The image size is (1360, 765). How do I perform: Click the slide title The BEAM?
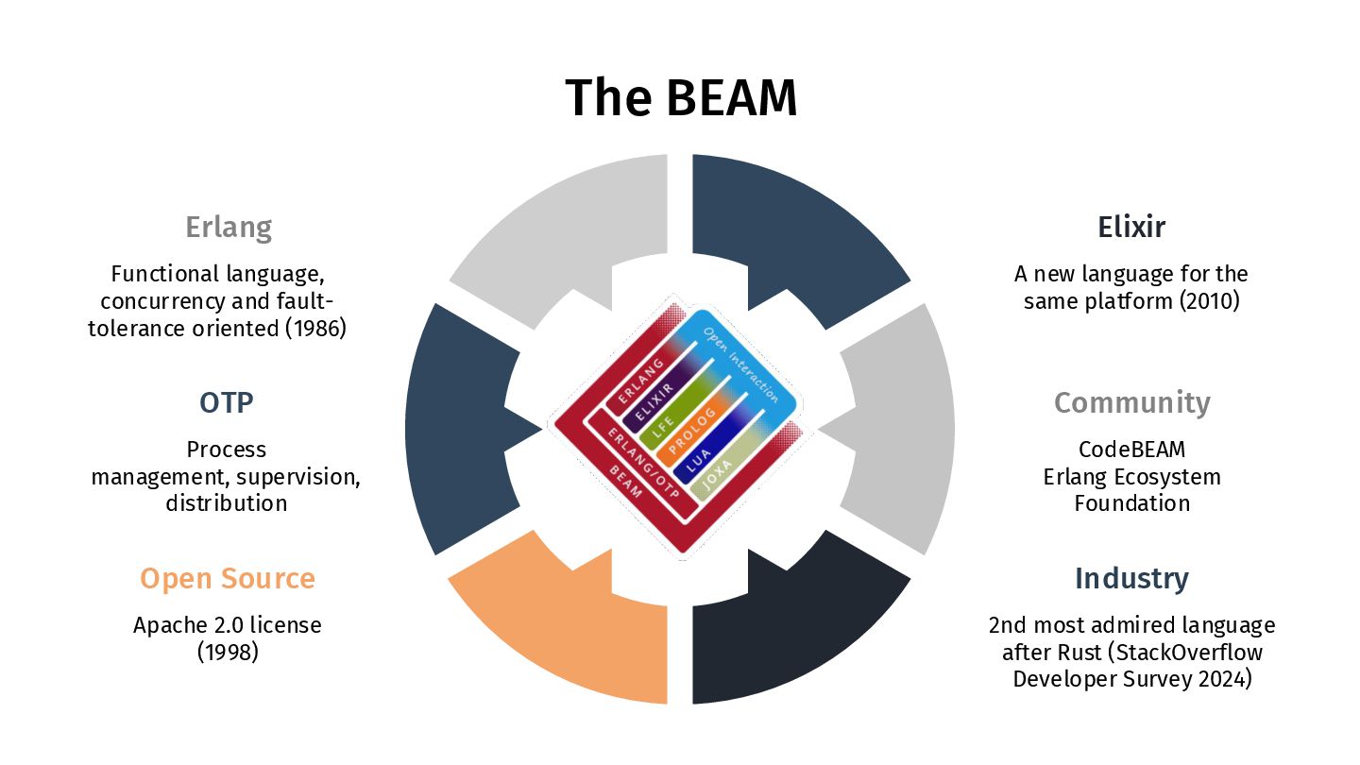click(680, 97)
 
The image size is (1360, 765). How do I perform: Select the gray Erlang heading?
click(229, 228)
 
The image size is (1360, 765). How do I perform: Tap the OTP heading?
click(227, 402)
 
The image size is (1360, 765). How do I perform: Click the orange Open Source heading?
click(228, 578)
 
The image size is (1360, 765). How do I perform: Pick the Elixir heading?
click(1131, 228)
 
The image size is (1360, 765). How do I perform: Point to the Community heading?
click(1131, 402)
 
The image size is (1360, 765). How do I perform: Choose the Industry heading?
click(1131, 578)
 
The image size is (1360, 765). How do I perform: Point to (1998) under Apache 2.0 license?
click(228, 652)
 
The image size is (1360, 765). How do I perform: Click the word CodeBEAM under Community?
click(1131, 450)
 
